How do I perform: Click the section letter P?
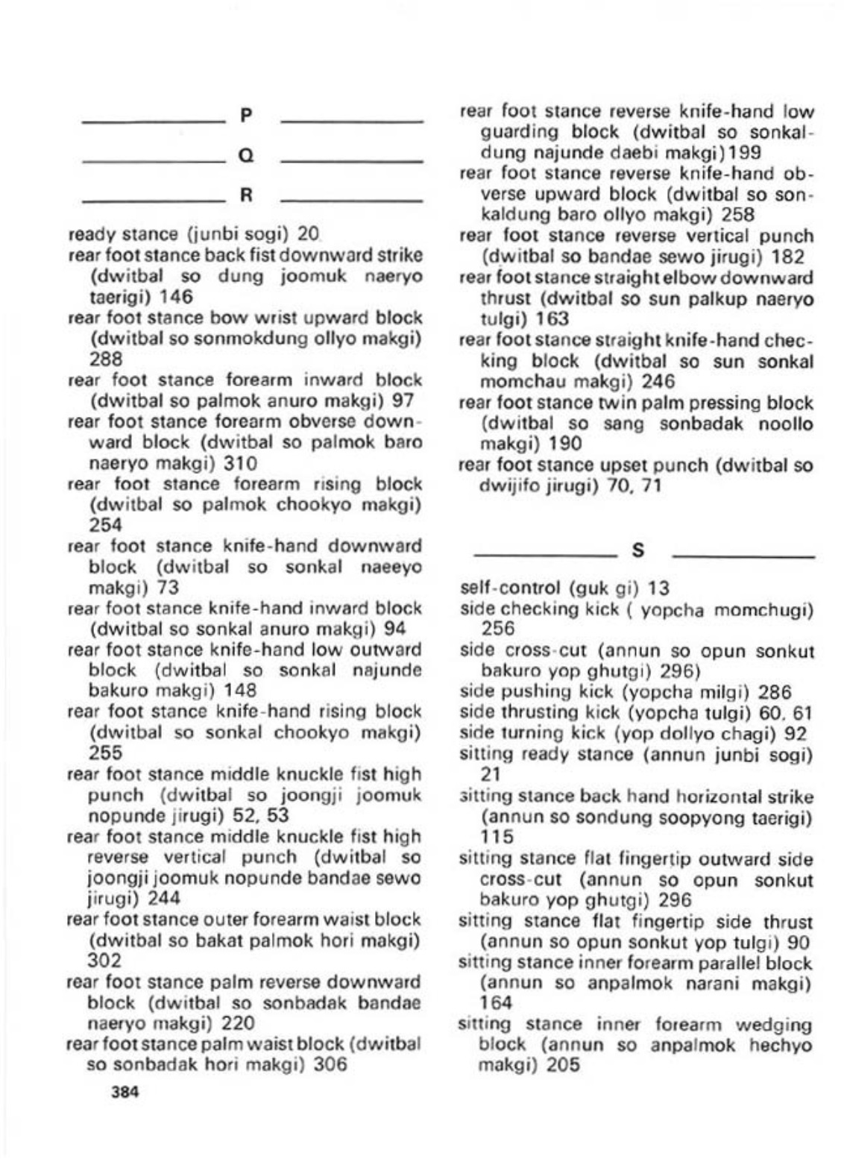[x=247, y=115]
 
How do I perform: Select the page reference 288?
[x=105, y=359]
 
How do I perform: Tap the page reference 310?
[x=241, y=463]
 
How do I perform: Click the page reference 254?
[x=105, y=525]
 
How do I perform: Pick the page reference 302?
[x=105, y=961]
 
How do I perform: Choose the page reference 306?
[x=330, y=1064]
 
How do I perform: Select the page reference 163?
[x=552, y=318]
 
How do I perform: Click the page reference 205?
[x=563, y=1066]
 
